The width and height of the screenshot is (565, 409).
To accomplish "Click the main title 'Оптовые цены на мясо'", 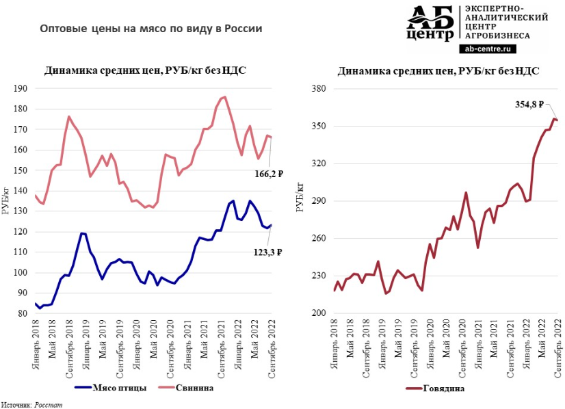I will click(x=151, y=29).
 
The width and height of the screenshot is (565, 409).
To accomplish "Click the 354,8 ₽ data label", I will click(x=529, y=105).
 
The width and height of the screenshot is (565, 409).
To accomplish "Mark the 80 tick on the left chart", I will click(x=22, y=313).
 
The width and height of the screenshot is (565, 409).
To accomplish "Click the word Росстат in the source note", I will click(x=49, y=404).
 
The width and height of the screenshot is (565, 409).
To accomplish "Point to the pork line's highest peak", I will click(x=225, y=96).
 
